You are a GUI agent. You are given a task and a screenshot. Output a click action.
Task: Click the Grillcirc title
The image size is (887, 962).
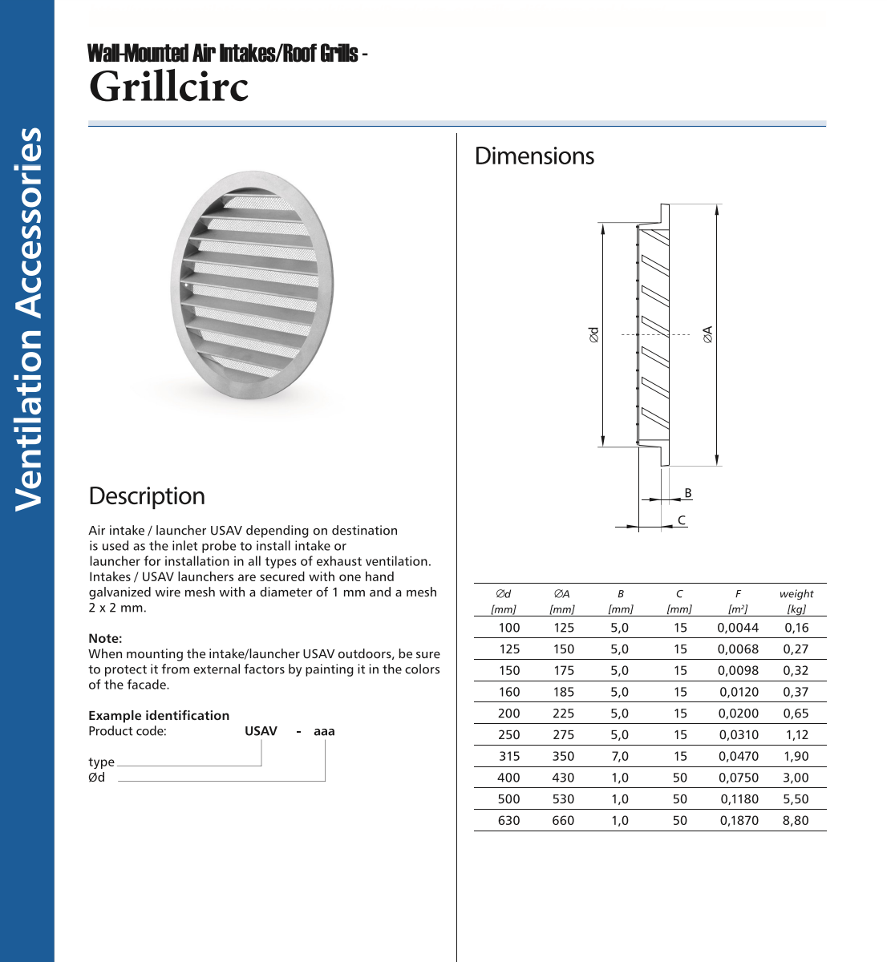tap(168, 87)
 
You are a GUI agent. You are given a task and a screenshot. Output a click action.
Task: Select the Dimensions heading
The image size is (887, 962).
tap(534, 156)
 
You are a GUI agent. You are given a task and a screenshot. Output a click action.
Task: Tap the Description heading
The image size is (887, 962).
tap(147, 496)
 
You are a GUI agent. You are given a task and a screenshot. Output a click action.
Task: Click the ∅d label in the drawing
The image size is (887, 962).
tap(593, 334)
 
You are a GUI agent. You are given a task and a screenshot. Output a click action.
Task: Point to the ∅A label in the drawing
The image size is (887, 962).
tap(707, 334)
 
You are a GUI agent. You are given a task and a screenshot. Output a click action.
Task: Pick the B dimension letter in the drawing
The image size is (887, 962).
tap(687, 493)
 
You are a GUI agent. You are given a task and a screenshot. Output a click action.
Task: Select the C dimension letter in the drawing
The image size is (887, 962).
tap(682, 520)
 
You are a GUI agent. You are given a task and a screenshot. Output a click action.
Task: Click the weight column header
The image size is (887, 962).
tap(796, 594)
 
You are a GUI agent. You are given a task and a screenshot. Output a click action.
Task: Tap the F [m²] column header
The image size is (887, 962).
tap(738, 601)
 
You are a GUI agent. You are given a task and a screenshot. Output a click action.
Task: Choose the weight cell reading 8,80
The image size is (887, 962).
tap(796, 820)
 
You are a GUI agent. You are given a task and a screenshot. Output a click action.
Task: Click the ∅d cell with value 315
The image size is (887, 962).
tap(509, 756)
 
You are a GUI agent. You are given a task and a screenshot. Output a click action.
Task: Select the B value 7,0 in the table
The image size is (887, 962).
tap(620, 756)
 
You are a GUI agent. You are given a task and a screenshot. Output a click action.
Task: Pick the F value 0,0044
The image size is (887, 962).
tap(738, 628)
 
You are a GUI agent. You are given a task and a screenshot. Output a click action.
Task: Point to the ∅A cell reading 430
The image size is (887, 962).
tap(563, 778)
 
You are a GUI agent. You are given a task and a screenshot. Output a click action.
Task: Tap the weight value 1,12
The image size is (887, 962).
tap(796, 734)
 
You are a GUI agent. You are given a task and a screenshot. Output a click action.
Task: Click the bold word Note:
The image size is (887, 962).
tap(105, 639)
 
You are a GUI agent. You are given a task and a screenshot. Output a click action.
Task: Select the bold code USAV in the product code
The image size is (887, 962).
tap(261, 731)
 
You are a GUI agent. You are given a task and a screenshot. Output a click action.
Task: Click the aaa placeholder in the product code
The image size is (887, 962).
tap(324, 731)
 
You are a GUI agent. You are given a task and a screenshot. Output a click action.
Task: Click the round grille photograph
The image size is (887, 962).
tap(252, 285)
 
